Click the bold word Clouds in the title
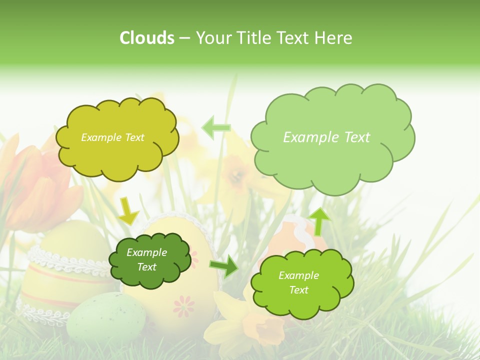coord(147,38)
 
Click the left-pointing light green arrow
coord(216,127)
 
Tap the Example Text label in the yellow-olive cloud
coord(112,137)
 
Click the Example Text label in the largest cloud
coord(326,137)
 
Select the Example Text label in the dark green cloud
coord(146,260)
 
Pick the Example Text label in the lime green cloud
coord(298,282)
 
